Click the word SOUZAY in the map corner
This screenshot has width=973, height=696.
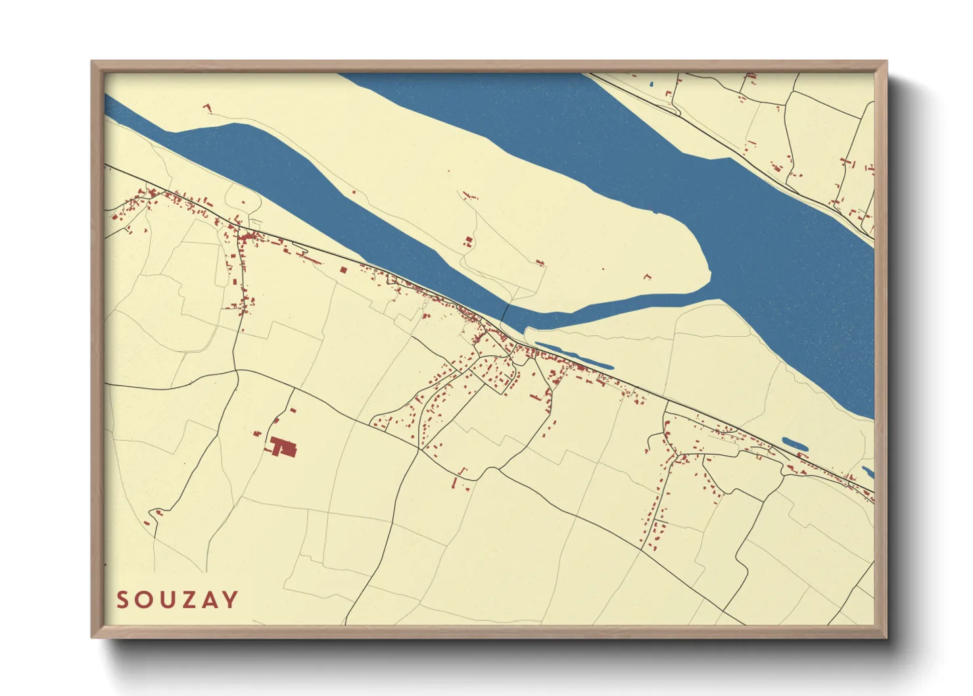[178, 600]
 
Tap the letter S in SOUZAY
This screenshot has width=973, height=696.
[123, 600]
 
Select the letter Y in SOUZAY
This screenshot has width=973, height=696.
[230, 600]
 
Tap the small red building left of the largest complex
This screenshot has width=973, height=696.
[257, 433]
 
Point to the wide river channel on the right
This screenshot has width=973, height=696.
[756, 217]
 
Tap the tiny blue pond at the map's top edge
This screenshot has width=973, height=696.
[651, 84]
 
